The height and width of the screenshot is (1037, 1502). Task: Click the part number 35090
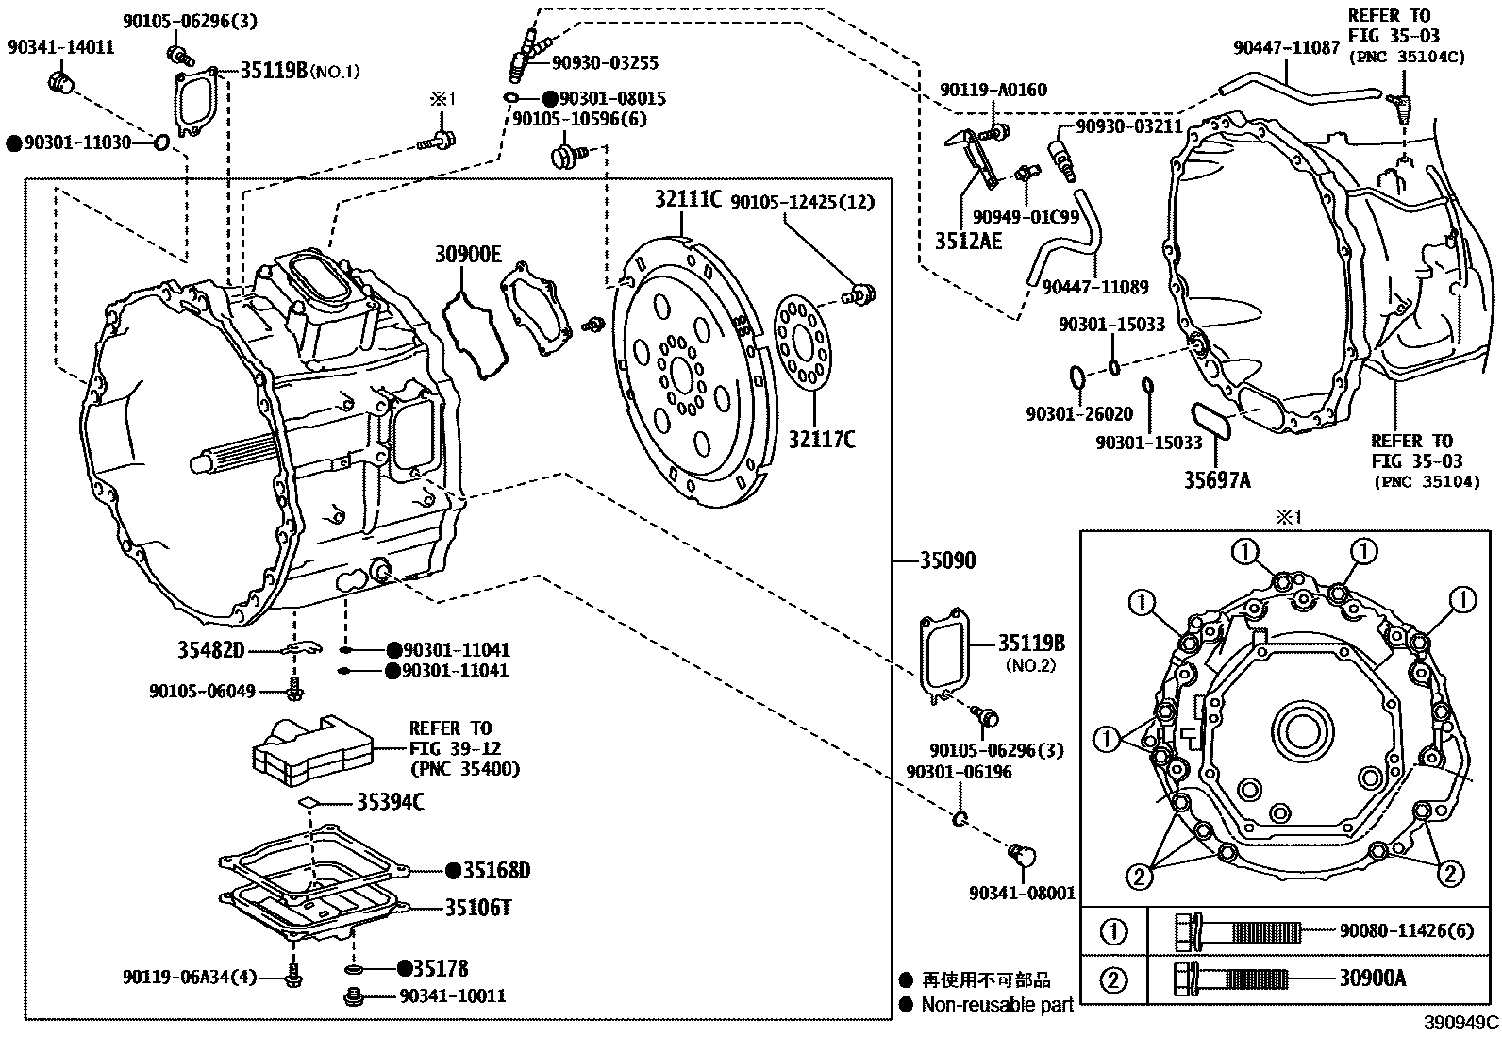[x=948, y=560]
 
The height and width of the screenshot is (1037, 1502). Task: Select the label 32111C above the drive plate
[x=689, y=199]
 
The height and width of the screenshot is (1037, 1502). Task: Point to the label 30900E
[x=468, y=254]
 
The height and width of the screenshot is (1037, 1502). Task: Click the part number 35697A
[x=1217, y=480]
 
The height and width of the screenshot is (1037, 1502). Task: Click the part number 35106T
[x=479, y=908]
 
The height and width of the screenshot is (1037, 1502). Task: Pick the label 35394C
[x=390, y=802]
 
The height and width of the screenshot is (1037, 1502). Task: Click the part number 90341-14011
[x=61, y=47]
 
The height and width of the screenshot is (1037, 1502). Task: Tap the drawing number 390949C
[x=1460, y=1023]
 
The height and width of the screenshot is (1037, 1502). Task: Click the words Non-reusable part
[x=997, y=1005]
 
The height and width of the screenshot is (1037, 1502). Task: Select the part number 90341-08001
[x=1022, y=893]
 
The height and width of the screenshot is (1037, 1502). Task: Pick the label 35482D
[x=211, y=649]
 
